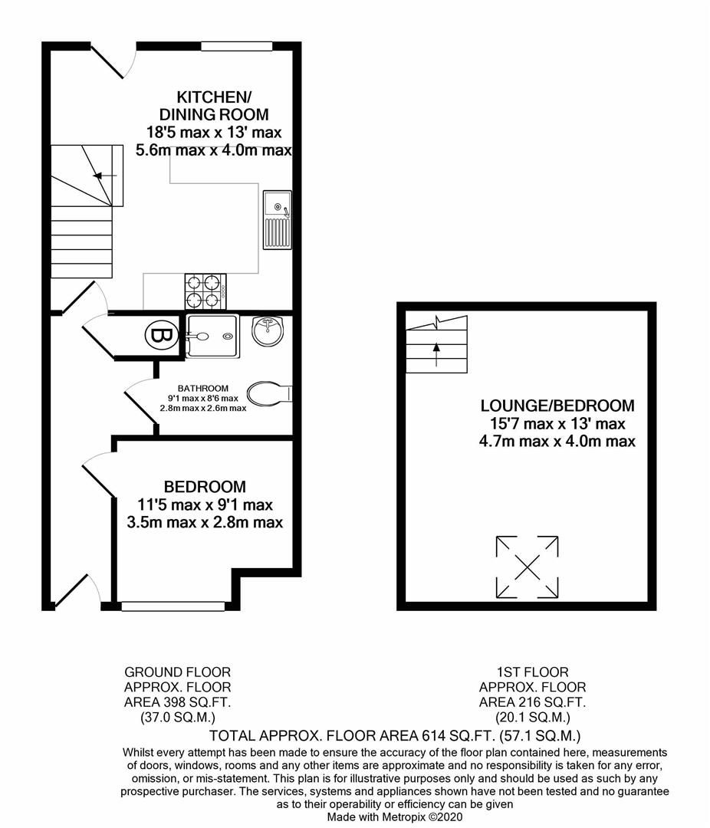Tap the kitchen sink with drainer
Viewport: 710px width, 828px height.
tap(277, 219)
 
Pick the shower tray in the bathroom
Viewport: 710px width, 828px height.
tap(212, 336)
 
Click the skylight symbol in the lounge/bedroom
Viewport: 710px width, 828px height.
tap(528, 567)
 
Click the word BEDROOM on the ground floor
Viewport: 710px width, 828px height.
tap(205, 487)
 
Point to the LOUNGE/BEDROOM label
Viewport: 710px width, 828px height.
tap(557, 406)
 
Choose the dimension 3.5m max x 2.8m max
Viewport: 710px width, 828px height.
tap(205, 523)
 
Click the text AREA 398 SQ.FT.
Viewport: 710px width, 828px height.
tap(177, 702)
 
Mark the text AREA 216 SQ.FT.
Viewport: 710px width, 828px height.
tap(533, 702)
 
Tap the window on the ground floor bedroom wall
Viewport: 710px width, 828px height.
tap(173, 606)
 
